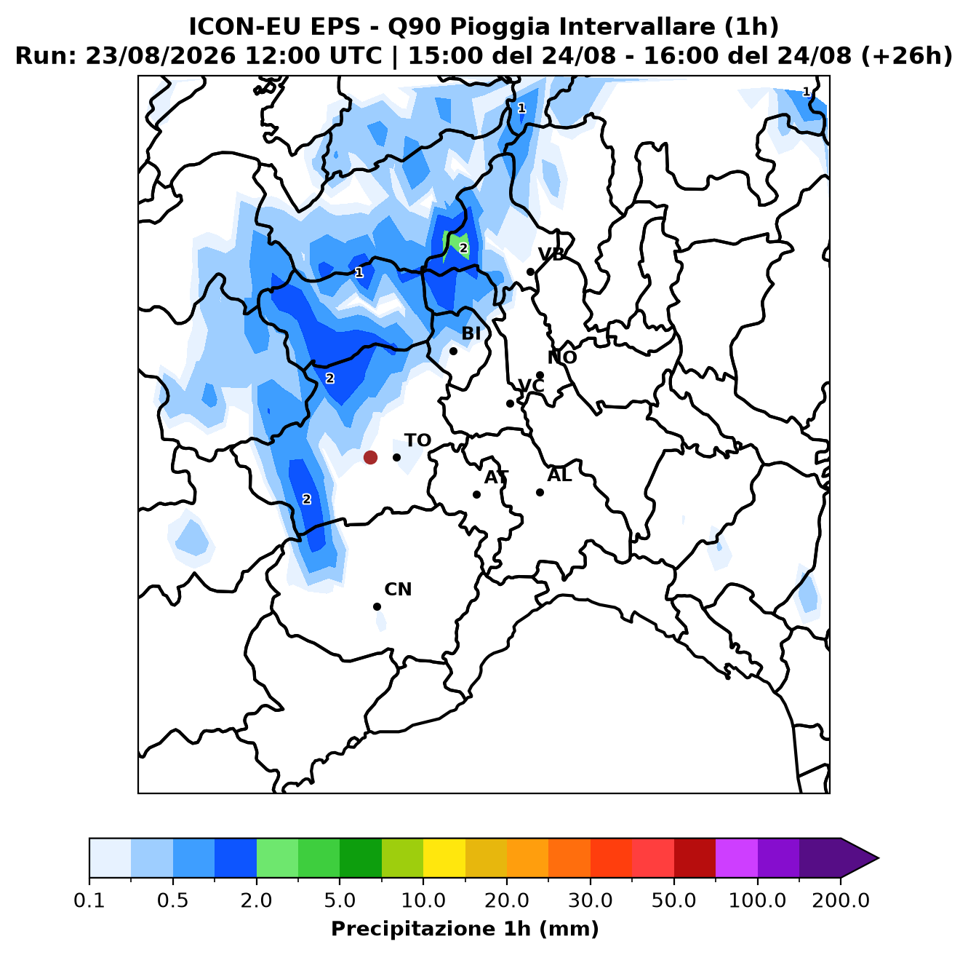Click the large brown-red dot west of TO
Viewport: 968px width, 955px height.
pos(370,457)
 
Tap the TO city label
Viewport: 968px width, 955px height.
pos(418,440)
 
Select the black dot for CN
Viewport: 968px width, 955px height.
pos(377,606)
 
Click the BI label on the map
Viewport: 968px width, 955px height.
pos(471,333)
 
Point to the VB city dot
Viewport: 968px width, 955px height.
pos(530,272)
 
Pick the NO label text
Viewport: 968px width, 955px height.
pos(561,357)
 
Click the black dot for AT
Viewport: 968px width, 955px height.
pos(476,494)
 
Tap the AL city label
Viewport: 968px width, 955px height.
pos(559,475)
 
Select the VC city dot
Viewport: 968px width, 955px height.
pos(510,403)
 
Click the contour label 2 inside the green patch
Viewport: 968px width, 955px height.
pos(463,248)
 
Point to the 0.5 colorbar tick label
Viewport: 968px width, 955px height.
pos(173,900)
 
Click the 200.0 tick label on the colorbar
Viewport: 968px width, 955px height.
pos(841,900)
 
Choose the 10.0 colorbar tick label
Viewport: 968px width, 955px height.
pos(423,900)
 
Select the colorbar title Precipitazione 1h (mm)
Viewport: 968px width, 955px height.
pos(465,929)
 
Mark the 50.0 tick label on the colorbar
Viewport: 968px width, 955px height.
pos(673,900)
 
